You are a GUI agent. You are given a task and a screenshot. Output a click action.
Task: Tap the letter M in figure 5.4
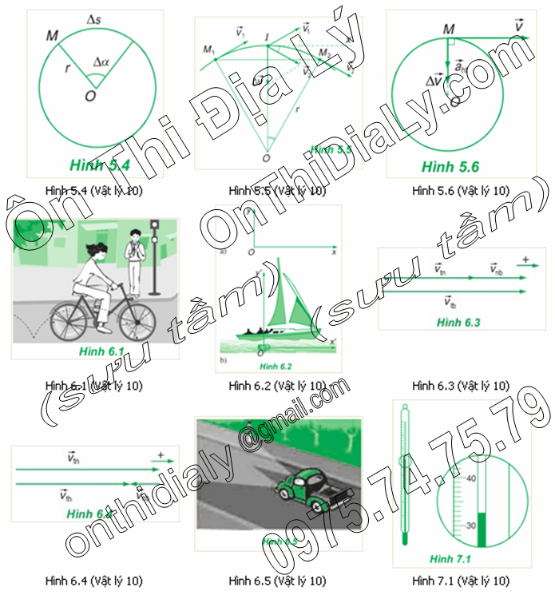[x=54, y=37]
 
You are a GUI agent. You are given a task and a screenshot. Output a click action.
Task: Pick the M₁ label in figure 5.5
[x=210, y=50]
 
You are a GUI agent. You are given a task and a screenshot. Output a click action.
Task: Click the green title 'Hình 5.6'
[x=450, y=167]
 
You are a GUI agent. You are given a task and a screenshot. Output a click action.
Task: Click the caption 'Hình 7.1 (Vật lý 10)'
[x=461, y=580]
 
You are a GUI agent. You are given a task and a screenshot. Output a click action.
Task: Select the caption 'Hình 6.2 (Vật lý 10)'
[x=277, y=385]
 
